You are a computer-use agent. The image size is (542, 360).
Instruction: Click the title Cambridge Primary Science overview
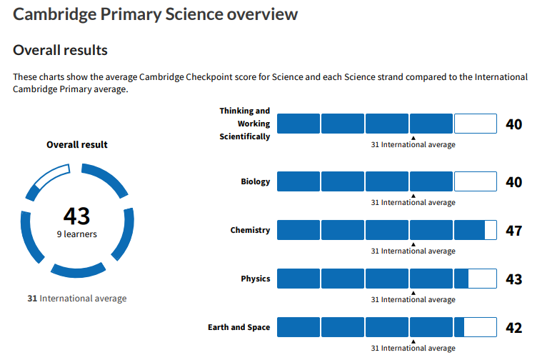(x=156, y=14)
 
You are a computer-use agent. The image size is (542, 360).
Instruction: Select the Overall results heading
(x=61, y=50)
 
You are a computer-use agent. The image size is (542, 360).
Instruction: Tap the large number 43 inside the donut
(x=76, y=216)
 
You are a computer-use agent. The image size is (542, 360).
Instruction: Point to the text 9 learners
(x=77, y=234)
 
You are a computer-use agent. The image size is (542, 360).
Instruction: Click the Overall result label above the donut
(x=77, y=144)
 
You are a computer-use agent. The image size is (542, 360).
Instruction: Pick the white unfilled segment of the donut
(x=51, y=177)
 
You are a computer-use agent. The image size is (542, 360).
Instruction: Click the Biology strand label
(x=256, y=181)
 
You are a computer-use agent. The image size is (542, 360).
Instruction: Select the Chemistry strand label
(x=250, y=230)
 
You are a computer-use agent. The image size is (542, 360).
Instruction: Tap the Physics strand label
(x=256, y=279)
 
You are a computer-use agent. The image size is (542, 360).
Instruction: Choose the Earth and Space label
(x=239, y=327)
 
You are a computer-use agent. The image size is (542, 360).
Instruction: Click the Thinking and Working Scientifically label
(x=245, y=124)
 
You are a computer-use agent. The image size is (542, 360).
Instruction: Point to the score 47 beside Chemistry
(x=513, y=231)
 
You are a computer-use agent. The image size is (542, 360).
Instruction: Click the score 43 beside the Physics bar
(x=513, y=279)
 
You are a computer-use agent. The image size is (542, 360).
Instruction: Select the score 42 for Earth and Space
(x=513, y=328)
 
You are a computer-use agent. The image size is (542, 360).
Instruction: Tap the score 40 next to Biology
(x=513, y=182)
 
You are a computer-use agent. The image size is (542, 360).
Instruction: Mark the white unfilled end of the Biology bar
(x=475, y=181)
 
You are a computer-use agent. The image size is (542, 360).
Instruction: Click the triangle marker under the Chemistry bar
(x=413, y=244)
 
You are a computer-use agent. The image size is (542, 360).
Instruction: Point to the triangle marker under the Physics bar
(x=413, y=292)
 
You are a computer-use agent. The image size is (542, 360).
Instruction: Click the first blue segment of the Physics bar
(x=298, y=279)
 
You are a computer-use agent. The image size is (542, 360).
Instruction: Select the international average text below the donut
(x=76, y=298)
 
